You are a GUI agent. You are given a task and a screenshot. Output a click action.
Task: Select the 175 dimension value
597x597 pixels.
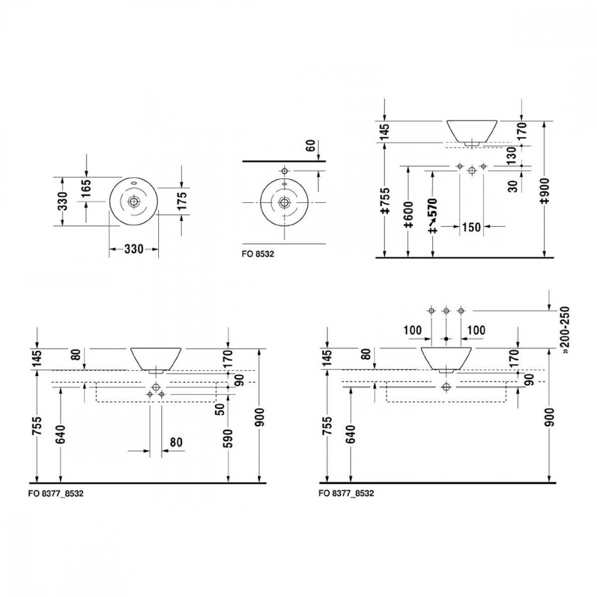[x=182, y=201]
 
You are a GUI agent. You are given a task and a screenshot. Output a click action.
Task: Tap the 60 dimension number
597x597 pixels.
[x=311, y=145]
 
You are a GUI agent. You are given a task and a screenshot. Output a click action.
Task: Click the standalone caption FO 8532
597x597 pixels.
[x=258, y=254]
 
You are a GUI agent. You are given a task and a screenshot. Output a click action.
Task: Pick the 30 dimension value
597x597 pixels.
[x=513, y=186]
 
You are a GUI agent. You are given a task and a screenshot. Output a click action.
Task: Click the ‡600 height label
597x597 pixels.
[x=408, y=215]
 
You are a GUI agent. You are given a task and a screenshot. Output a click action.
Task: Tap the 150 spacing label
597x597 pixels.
[x=472, y=227]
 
